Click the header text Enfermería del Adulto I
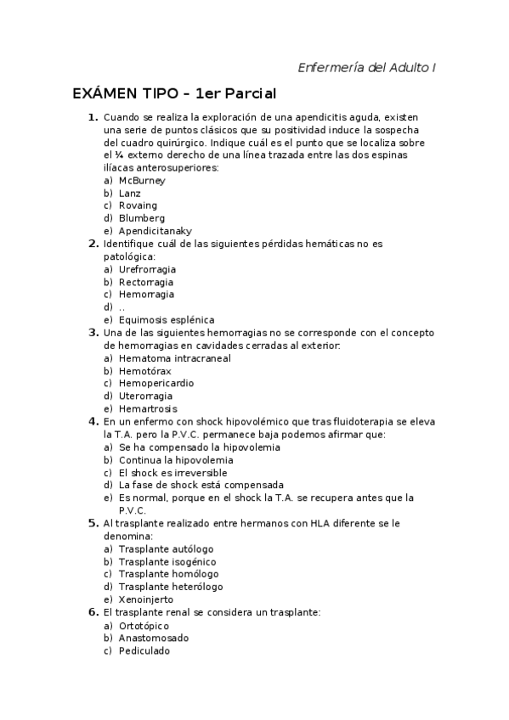(x=367, y=67)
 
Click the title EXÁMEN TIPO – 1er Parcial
(x=174, y=93)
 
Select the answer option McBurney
(x=142, y=181)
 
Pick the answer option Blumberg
(x=142, y=218)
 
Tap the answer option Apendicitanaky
(x=155, y=231)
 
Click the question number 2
(x=93, y=244)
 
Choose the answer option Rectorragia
(x=146, y=282)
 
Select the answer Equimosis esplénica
(x=167, y=320)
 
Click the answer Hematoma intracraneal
(x=174, y=358)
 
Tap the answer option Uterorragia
(x=146, y=396)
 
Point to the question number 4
(x=93, y=421)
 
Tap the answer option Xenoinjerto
(x=146, y=599)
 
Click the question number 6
(x=93, y=612)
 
